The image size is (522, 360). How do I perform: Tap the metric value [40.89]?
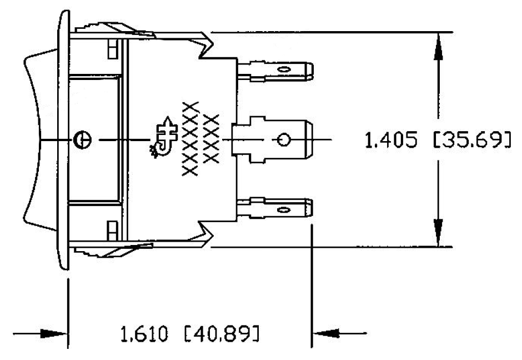coord(221,335)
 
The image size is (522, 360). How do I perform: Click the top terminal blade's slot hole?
coord(284,70)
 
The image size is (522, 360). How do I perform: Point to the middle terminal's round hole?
coord(283,139)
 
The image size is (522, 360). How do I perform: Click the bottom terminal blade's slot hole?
coord(284,209)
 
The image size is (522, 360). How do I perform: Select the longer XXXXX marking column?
coord(190,139)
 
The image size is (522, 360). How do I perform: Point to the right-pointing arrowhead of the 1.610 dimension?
coord(56,334)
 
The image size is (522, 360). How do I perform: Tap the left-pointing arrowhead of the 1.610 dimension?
coord(327,334)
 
